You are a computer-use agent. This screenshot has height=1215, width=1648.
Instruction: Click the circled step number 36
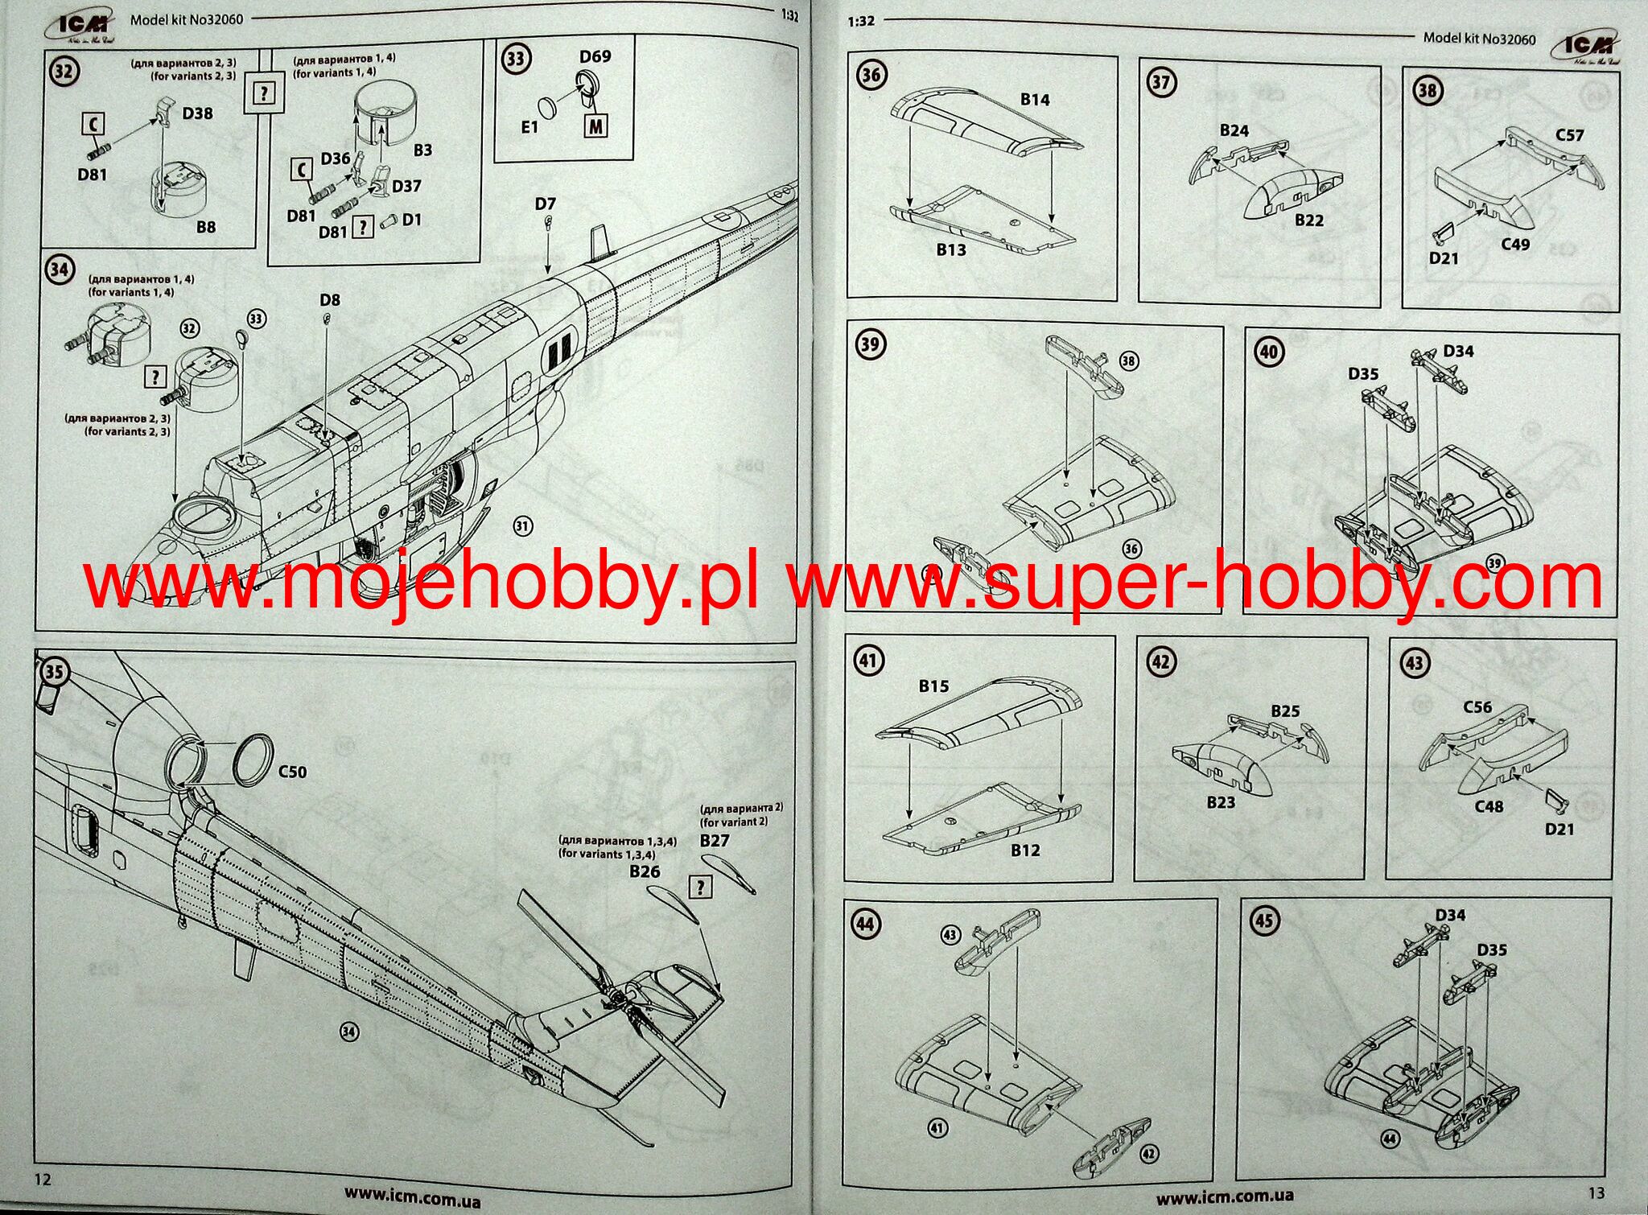[871, 75]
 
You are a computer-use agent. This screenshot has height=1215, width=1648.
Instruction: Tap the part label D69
[595, 56]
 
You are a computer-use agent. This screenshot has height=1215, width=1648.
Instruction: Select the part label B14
[1035, 100]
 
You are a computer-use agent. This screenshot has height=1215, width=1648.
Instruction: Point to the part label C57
[1569, 135]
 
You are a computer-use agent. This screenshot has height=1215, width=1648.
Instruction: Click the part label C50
[292, 772]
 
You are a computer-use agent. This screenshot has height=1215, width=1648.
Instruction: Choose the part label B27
[714, 841]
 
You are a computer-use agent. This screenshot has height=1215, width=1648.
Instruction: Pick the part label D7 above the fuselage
[545, 204]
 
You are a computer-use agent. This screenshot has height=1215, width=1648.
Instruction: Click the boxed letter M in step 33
[595, 126]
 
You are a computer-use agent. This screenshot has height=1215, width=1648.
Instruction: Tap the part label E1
[529, 127]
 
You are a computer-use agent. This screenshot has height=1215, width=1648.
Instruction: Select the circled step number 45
[1263, 920]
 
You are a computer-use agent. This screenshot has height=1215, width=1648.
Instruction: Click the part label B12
[1025, 850]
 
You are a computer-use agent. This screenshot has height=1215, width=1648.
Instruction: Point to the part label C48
[1489, 806]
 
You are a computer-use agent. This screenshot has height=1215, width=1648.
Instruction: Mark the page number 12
[42, 1179]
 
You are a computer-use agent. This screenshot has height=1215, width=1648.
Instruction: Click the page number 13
[1596, 1192]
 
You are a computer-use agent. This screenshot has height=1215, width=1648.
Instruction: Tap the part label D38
[197, 113]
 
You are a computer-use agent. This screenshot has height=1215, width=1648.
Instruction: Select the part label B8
[206, 228]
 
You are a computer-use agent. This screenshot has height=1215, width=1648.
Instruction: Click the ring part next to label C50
[250, 758]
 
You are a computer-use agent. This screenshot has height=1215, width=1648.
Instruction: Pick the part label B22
[1309, 220]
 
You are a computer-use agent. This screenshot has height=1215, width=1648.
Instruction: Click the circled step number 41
[867, 661]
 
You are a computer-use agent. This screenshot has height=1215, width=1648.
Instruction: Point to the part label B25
[1285, 711]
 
